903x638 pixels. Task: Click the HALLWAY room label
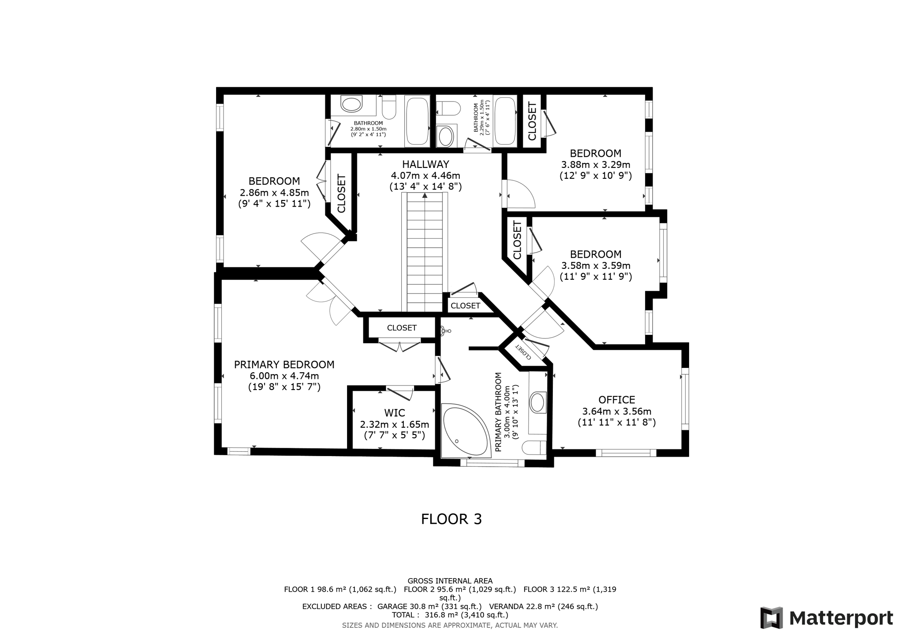pyautogui.click(x=425, y=164)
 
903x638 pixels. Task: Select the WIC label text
pyautogui.click(x=394, y=413)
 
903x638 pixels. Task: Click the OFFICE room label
pyautogui.click(x=616, y=400)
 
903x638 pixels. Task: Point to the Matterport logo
pyautogui.click(x=826, y=618)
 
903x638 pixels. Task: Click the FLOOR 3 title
pyautogui.click(x=451, y=519)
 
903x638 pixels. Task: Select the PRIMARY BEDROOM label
pyautogui.click(x=284, y=364)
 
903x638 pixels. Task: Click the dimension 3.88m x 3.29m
pyautogui.click(x=595, y=165)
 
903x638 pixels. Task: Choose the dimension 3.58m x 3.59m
pyautogui.click(x=595, y=266)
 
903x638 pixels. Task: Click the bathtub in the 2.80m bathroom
pyautogui.click(x=417, y=121)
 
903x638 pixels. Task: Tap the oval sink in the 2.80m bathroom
pyautogui.click(x=351, y=105)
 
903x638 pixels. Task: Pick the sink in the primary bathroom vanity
pyautogui.click(x=537, y=402)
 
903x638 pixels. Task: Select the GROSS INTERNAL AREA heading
pyautogui.click(x=450, y=581)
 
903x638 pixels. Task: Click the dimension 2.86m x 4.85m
pyautogui.click(x=274, y=193)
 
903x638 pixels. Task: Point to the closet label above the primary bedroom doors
pyautogui.click(x=401, y=328)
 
